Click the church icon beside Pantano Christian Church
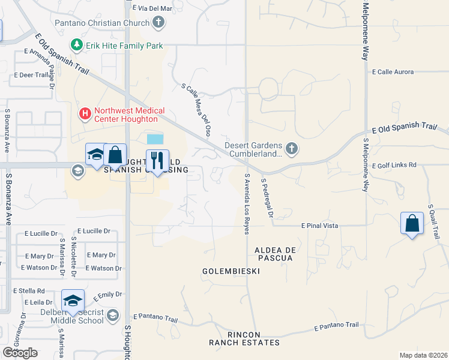(x=158, y=23)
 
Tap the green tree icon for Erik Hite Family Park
(x=77, y=45)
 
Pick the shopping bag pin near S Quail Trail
(x=412, y=224)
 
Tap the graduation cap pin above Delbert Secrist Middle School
(x=73, y=301)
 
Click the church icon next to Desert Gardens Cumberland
(x=291, y=148)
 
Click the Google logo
(x=20, y=352)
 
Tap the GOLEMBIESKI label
(x=231, y=271)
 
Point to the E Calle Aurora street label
(x=393, y=72)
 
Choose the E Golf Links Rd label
(x=394, y=166)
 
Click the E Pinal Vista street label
(x=320, y=226)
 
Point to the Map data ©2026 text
(x=423, y=355)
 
